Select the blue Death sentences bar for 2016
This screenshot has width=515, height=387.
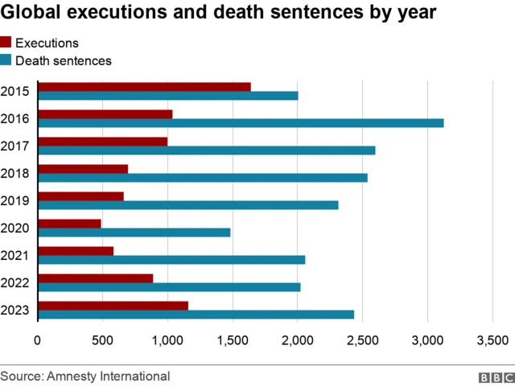coord(241,123)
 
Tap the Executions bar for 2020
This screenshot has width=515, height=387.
coord(70,223)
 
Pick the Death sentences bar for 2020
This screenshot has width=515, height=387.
coord(134,233)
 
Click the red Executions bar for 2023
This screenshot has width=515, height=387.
coord(113,305)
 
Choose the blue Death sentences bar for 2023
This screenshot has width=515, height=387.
coord(196,315)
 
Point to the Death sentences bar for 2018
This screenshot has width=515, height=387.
coord(203,178)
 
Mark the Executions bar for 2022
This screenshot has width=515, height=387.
coord(96,278)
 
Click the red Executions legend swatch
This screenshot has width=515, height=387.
coord(6,43)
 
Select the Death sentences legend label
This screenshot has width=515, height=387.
coord(64,60)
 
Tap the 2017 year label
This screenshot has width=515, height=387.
coord(16,146)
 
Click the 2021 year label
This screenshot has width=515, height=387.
coord(16,255)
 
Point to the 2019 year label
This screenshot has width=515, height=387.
coord(16,200)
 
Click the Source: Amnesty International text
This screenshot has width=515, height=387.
coord(85,376)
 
